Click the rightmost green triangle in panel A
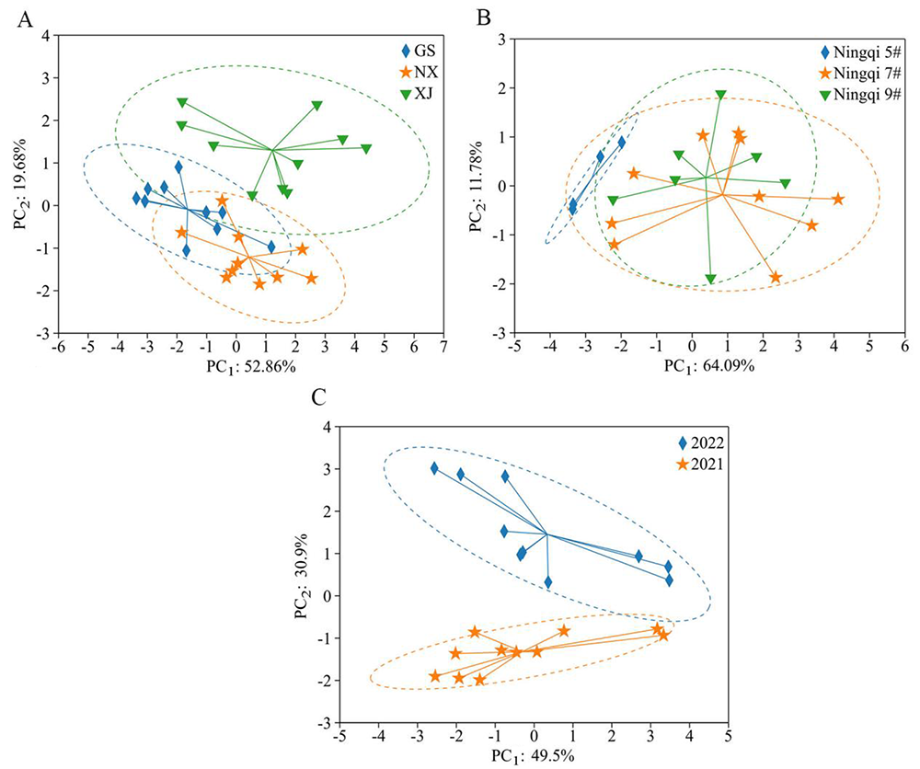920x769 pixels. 366,149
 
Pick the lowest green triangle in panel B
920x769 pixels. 710,280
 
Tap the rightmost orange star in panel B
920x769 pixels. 838,199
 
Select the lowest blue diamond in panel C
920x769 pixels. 548,582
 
